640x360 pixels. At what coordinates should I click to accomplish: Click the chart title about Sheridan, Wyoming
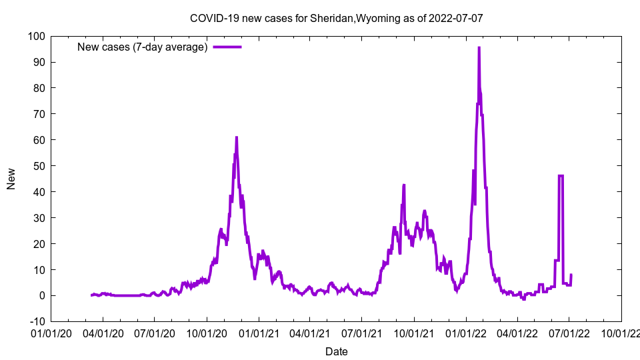[336, 18]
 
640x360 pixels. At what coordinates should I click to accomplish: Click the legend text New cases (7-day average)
[143, 47]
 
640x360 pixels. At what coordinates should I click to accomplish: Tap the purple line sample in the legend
[227, 47]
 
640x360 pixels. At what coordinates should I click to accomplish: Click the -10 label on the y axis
[36, 321]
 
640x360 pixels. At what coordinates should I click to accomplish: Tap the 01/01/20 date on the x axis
[51, 332]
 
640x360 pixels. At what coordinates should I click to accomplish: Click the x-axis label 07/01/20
[155, 332]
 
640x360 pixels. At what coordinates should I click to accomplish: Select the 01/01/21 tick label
[259, 332]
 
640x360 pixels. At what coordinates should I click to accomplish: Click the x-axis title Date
[336, 351]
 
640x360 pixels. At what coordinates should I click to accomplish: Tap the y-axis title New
[11, 179]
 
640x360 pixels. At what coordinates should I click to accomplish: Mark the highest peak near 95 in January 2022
[479, 48]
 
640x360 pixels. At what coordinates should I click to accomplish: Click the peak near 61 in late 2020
[236, 137]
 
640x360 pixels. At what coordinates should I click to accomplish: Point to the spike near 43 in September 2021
[403, 185]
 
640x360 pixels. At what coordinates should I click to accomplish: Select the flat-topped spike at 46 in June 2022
[561, 176]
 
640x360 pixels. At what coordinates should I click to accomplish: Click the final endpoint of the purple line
[571, 275]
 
